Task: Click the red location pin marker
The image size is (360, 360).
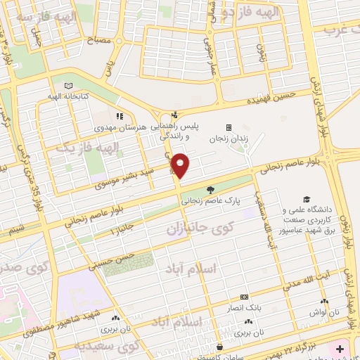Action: [181, 165]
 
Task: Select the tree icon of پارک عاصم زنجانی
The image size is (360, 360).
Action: [210, 190]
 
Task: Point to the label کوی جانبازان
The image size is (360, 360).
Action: [189, 229]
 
